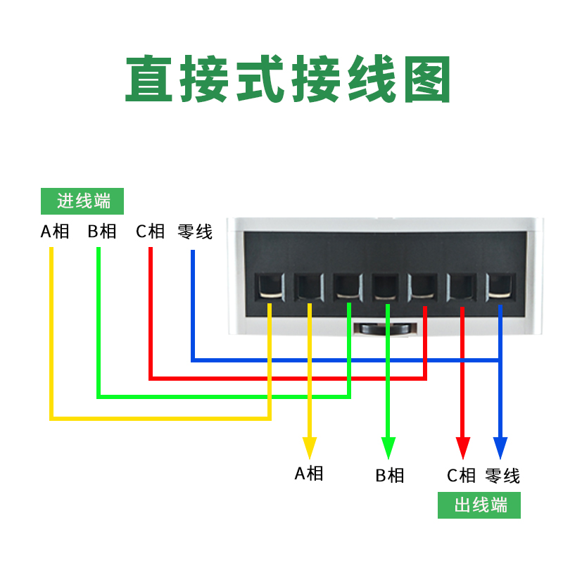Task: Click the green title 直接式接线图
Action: click(287, 79)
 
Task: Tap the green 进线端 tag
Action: click(83, 201)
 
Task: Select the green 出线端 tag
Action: click(479, 505)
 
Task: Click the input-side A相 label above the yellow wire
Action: click(54, 232)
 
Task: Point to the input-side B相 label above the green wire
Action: click(102, 232)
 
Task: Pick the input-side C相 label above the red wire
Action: click(150, 232)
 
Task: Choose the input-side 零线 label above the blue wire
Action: click(195, 232)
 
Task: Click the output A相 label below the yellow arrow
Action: click(309, 473)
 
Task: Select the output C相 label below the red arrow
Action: click(462, 476)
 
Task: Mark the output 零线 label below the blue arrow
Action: click(502, 476)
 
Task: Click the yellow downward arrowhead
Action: click(310, 448)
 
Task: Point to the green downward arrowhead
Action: click(388, 448)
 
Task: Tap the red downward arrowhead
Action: click(462, 448)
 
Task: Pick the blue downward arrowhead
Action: click(500, 448)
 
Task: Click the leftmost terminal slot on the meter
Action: click(269, 286)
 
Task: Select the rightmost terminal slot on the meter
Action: click(500, 286)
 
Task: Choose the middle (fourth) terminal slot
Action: click(385, 286)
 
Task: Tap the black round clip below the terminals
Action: click(384, 329)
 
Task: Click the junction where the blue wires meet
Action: click(500, 360)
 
